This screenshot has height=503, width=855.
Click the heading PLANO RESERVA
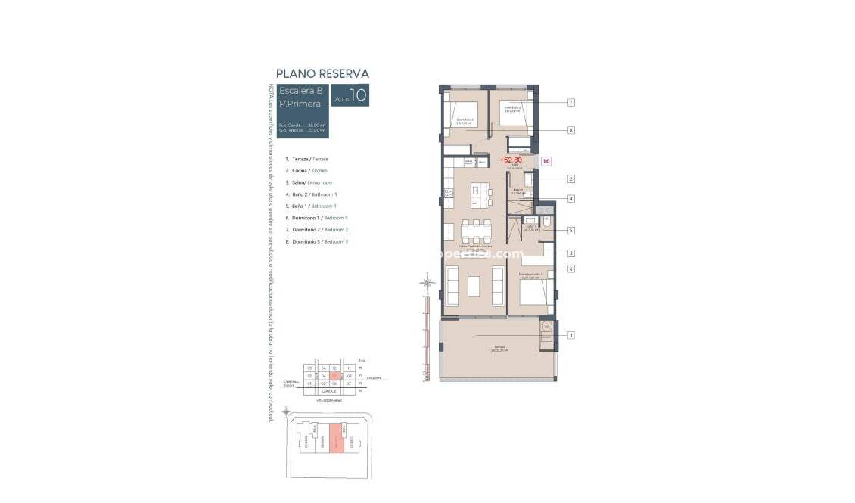322,74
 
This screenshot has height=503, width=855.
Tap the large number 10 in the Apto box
358,95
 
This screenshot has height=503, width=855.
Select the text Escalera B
301,91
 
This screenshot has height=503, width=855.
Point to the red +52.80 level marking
511,160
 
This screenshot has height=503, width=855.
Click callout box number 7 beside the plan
572,102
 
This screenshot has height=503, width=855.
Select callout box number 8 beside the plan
572,130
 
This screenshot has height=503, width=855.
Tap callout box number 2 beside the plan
572,179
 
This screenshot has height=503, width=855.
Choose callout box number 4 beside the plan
572,199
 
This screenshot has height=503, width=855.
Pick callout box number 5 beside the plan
572,230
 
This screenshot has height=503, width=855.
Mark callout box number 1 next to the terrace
572,335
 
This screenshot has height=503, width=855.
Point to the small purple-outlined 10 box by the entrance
546,160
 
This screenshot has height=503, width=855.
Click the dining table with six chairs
476,229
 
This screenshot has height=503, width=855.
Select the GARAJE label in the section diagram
330,391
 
